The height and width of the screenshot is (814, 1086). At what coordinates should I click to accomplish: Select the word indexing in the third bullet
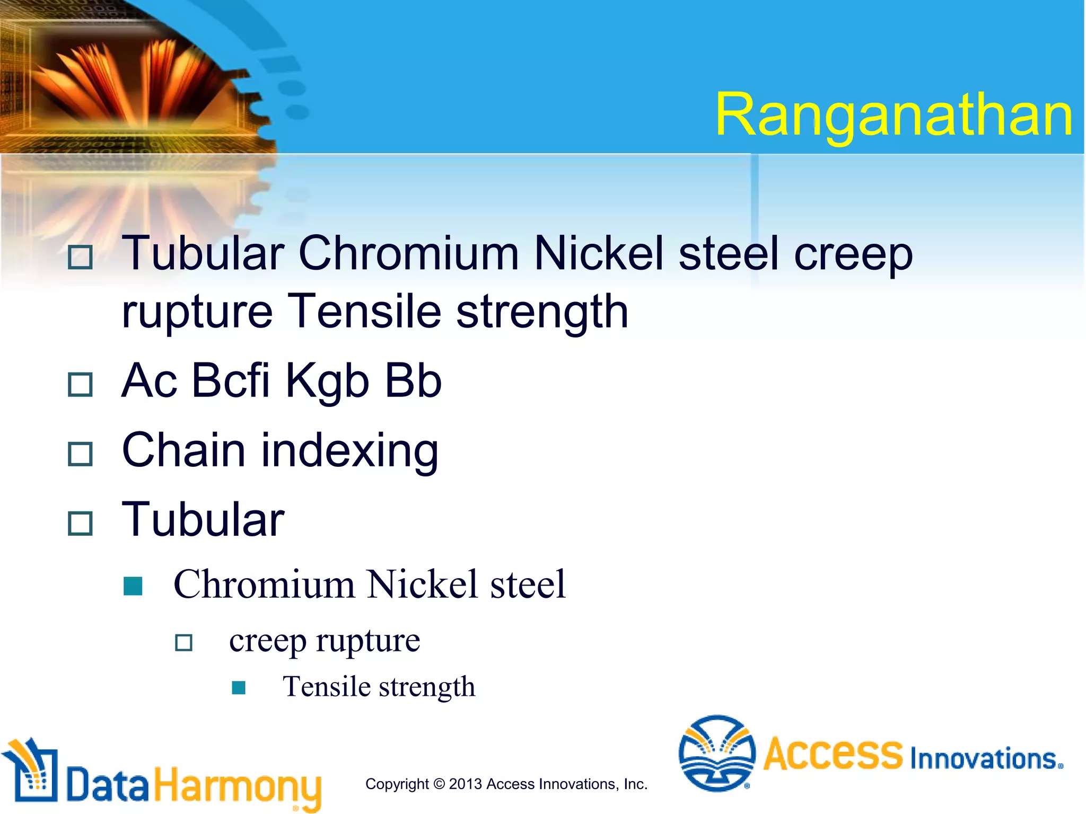350,450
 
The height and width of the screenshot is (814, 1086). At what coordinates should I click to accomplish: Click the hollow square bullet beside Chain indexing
81,454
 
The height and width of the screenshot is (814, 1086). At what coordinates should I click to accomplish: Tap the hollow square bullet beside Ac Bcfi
81,384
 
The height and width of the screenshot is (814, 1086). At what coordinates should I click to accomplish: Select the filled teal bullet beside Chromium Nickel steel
133,586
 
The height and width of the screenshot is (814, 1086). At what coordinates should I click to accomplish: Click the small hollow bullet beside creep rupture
184,643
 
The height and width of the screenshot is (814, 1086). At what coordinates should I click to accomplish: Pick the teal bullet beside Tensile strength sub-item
239,687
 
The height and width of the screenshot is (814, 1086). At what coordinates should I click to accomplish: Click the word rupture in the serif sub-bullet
368,641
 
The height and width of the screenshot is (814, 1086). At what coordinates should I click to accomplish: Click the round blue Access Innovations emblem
717,753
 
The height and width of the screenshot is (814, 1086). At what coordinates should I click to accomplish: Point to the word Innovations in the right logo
986,758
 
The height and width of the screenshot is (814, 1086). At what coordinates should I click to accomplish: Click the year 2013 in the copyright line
465,784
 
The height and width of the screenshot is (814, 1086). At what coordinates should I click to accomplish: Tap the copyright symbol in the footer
439,784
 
